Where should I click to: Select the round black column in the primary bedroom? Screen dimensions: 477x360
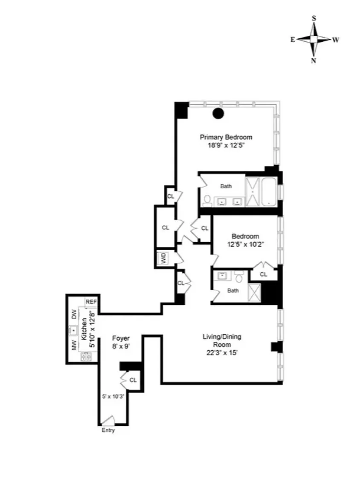[218, 113]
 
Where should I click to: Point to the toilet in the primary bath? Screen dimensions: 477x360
[207, 199]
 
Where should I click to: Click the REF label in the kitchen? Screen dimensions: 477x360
[91, 301]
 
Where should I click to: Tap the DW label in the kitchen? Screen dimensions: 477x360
[74, 314]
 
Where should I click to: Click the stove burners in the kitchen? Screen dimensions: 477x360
[86, 357]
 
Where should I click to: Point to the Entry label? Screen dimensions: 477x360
[108, 431]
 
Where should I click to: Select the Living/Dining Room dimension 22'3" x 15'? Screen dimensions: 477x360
[222, 352]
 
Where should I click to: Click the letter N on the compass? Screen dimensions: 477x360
[314, 61]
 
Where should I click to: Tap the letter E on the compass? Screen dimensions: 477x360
[293, 40]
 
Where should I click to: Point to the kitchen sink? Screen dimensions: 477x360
[73, 330]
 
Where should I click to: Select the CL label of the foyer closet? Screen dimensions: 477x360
[133, 379]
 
